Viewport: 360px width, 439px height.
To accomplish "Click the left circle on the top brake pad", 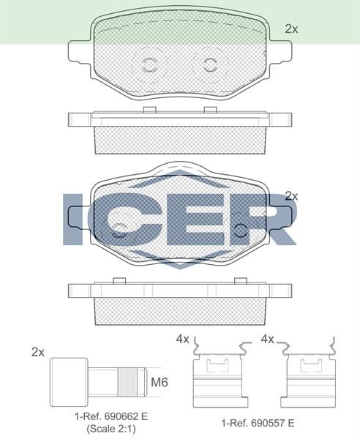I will click(149, 64).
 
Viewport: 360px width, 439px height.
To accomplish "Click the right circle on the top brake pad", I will click(210, 64).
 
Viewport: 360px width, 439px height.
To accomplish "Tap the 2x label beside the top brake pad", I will click(291, 29).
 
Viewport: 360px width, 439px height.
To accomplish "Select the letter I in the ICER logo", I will click(73, 219).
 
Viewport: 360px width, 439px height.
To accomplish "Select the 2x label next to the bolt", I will click(38, 352).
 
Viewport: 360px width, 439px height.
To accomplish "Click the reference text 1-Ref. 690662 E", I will click(110, 416).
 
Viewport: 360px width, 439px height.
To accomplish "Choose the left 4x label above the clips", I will click(182, 339).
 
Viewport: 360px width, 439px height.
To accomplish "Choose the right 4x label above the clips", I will click(267, 339).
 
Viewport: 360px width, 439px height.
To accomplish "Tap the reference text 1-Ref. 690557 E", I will click(258, 422).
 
